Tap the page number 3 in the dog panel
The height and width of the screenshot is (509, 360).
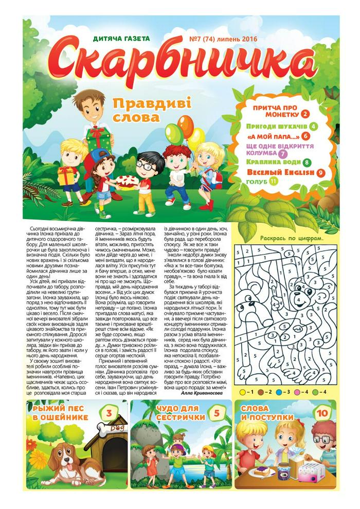click(x=109, y=413)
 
